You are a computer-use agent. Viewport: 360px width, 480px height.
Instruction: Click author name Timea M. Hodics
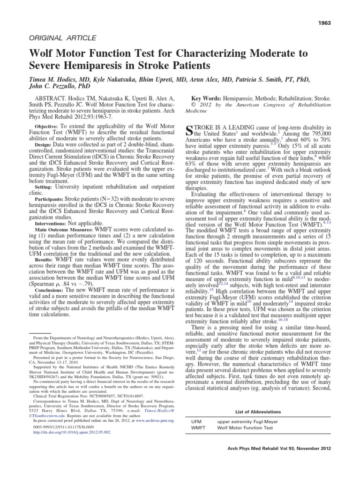(x=55, y=81)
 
